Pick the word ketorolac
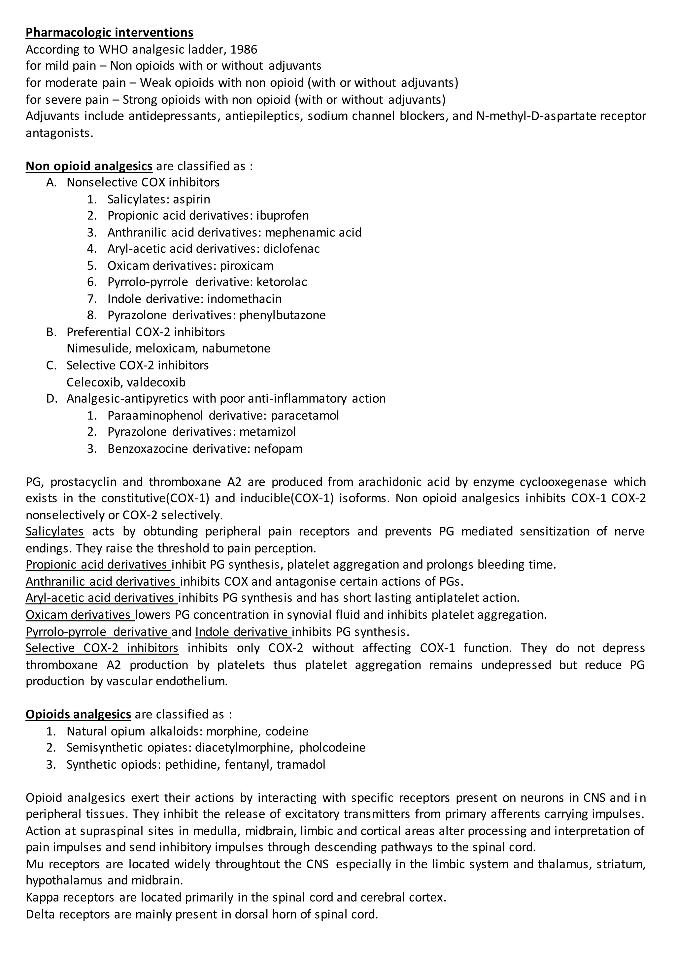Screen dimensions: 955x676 (x=282, y=282)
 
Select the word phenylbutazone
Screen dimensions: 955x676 (x=283, y=315)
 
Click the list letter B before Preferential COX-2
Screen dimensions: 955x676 (x=51, y=332)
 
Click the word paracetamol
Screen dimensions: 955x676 (x=305, y=415)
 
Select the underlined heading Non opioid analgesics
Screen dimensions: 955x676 (x=89, y=166)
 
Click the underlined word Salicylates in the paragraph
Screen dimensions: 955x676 (x=54, y=532)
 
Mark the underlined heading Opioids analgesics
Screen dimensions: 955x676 (x=78, y=715)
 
